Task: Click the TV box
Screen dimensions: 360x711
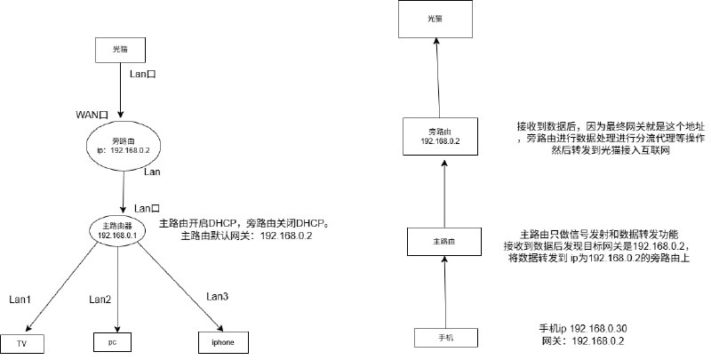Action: tap(22, 342)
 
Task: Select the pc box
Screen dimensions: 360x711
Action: tap(114, 341)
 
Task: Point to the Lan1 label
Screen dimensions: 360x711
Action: tap(20, 300)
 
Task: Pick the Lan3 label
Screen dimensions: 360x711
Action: tap(218, 295)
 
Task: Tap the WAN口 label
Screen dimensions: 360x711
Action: tap(92, 116)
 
